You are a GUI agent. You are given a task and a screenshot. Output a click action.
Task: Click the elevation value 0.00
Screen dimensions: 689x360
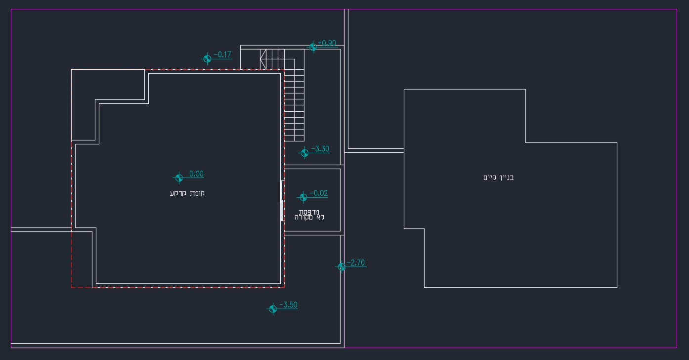click(x=196, y=174)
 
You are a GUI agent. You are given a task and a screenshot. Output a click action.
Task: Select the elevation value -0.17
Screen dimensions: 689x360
click(x=222, y=55)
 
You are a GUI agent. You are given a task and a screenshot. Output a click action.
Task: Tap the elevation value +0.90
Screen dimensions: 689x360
click(x=327, y=43)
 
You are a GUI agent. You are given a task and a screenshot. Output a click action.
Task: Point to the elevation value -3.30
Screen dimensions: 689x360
click(x=320, y=149)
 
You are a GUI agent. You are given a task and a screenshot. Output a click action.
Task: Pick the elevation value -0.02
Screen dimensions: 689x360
click(x=319, y=193)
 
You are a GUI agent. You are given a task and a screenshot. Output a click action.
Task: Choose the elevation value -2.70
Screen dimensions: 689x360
click(x=355, y=263)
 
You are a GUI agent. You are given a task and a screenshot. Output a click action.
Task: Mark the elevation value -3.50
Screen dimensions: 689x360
click(x=289, y=305)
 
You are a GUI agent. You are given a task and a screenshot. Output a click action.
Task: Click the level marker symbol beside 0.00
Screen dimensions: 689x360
click(x=179, y=178)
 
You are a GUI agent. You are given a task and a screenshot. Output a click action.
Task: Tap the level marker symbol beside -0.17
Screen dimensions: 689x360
click(x=207, y=58)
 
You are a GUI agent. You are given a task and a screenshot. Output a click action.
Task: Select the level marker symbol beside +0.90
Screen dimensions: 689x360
click(x=313, y=47)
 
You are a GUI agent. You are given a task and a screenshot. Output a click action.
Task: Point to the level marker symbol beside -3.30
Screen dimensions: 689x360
click(x=304, y=153)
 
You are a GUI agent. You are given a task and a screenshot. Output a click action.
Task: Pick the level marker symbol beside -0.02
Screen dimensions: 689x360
click(x=303, y=197)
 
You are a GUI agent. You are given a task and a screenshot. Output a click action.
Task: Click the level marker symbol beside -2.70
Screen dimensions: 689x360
click(x=342, y=267)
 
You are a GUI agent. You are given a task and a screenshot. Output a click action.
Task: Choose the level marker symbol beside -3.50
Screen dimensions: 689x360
click(x=273, y=309)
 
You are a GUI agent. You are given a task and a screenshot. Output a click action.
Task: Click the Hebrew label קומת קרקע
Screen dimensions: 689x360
click(x=187, y=193)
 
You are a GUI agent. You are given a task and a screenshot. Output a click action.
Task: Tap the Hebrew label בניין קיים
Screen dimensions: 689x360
click(x=499, y=178)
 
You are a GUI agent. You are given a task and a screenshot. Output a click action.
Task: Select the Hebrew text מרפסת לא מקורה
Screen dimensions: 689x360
click(x=309, y=215)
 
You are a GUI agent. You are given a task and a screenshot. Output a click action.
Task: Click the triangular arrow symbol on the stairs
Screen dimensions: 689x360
click(x=263, y=59)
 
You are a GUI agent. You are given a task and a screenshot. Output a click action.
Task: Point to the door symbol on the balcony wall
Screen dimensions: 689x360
click(x=282, y=201)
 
